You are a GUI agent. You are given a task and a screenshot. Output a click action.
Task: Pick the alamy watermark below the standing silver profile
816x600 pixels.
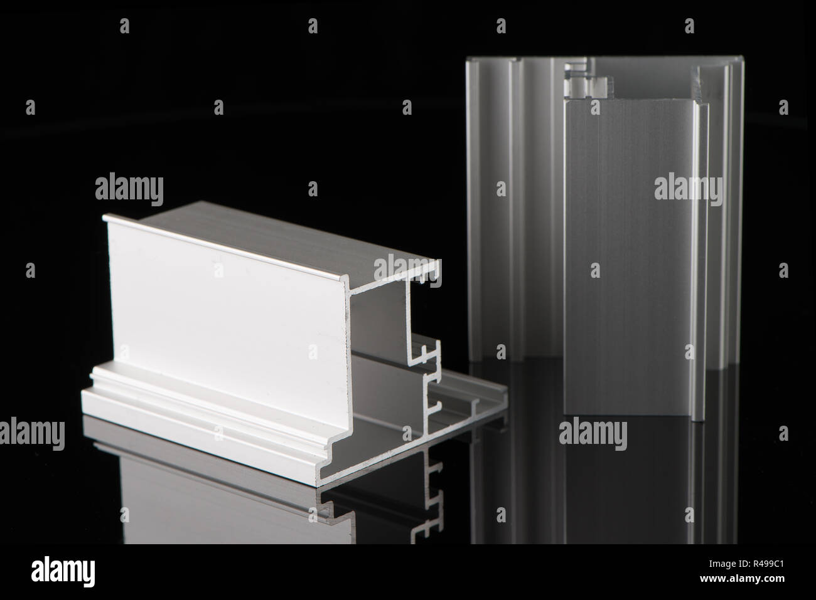coord(592,433)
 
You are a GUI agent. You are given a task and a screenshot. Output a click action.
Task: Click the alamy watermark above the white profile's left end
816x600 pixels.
coord(129,188)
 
